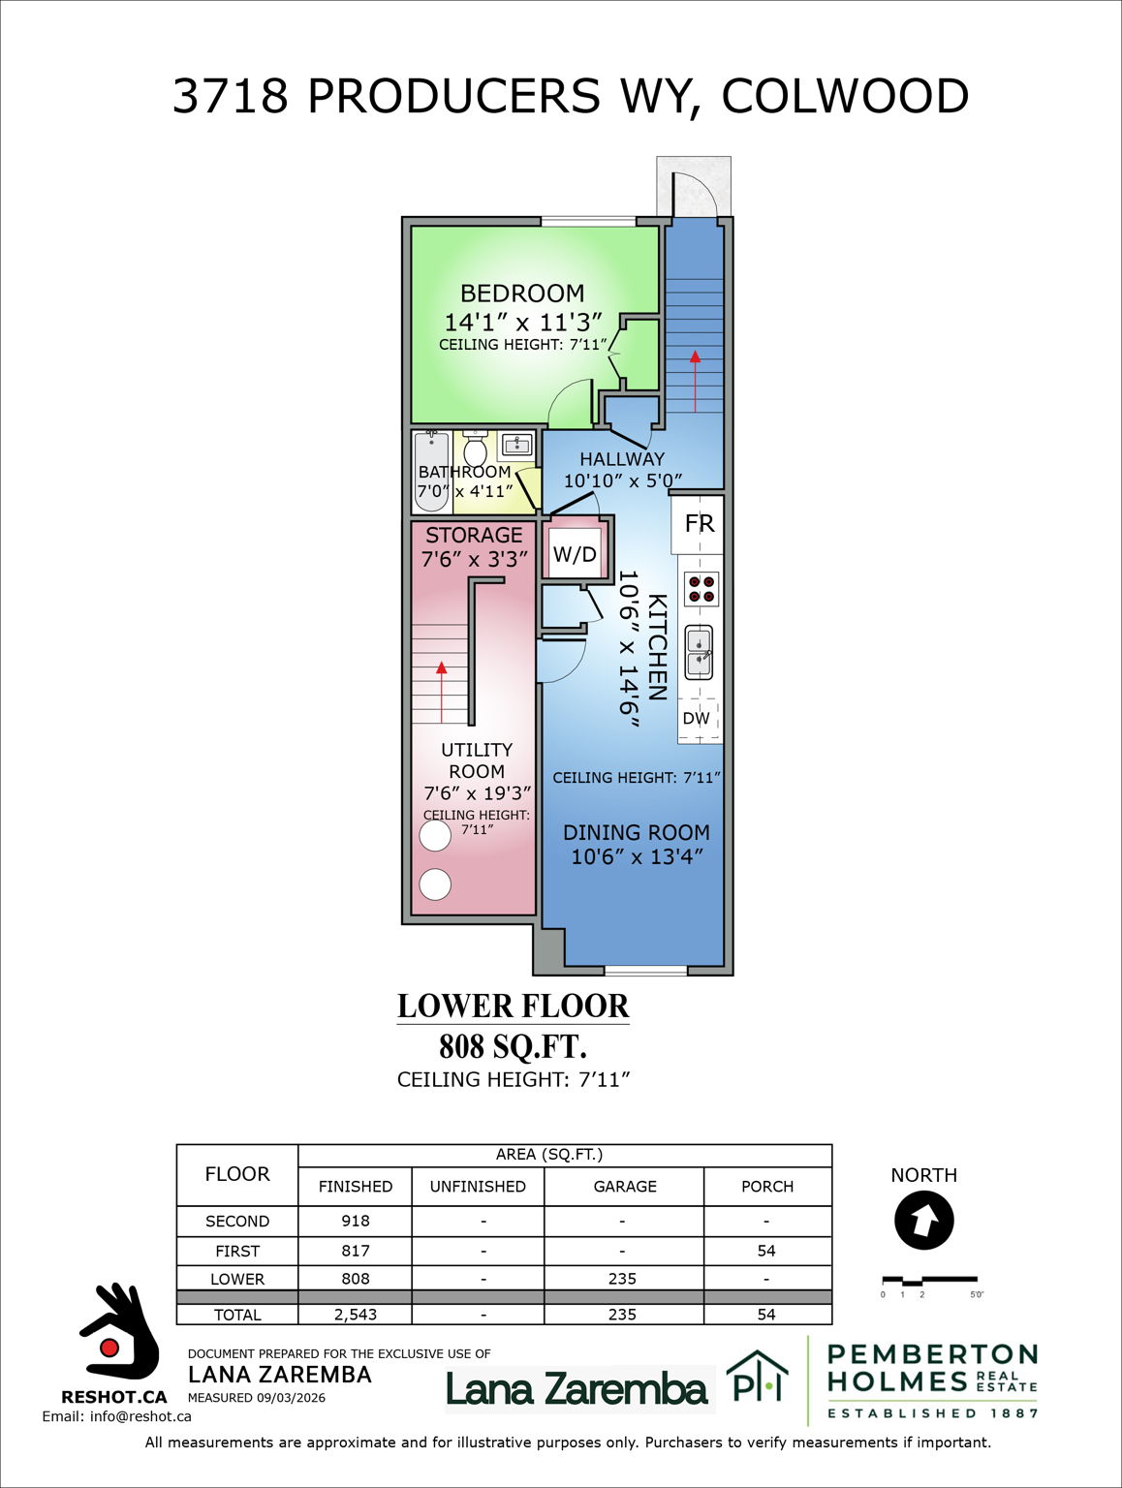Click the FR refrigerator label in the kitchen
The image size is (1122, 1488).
[x=699, y=524]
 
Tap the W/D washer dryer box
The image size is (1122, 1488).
[x=575, y=554]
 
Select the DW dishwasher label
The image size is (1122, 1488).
[x=697, y=719]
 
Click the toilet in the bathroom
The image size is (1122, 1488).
[x=475, y=449]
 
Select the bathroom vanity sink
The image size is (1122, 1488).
[x=516, y=446]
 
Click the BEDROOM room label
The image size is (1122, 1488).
[x=522, y=294]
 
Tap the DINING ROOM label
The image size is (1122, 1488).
[x=637, y=833]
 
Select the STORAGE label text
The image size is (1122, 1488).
[x=474, y=536]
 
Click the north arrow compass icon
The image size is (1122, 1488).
[x=924, y=1221]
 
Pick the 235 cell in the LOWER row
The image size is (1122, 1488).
[x=622, y=1279]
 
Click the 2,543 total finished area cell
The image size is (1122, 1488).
[x=356, y=1315]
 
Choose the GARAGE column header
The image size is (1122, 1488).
[x=625, y=1187]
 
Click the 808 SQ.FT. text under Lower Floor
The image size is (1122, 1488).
[x=514, y=1047]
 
